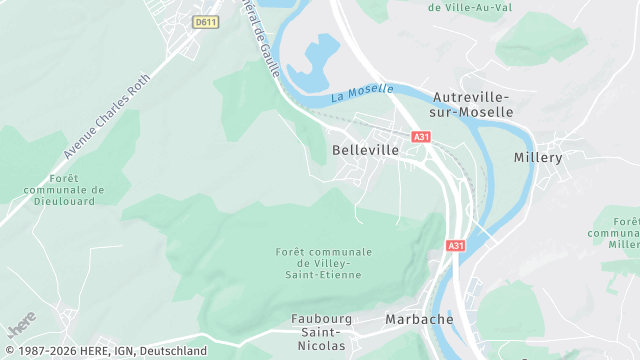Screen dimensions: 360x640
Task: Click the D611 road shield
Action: point(205,21)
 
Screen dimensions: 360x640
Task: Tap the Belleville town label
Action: point(365,149)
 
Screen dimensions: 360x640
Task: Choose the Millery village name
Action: point(538,158)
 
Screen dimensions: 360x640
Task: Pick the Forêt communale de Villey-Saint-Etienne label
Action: point(323,263)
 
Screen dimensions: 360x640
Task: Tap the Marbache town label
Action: point(419,319)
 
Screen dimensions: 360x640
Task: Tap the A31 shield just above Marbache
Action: point(456,245)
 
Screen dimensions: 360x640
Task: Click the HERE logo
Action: point(20,328)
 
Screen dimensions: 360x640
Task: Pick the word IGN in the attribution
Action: point(120,351)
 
